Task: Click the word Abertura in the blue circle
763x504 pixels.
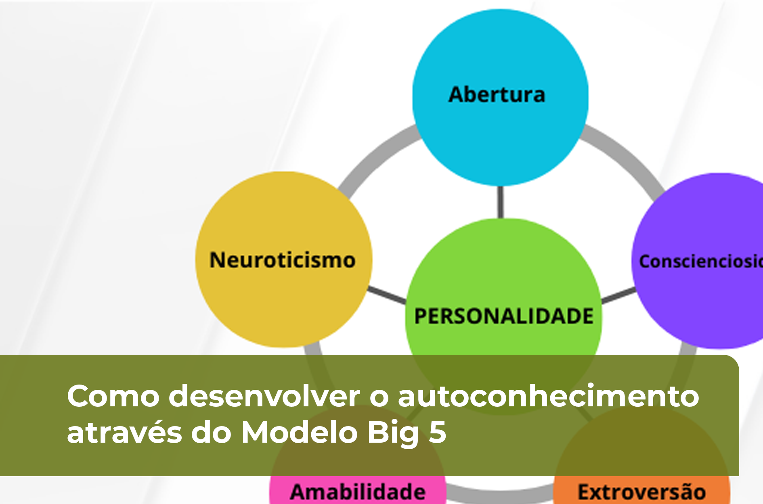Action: point(497,95)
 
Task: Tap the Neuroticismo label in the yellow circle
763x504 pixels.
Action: point(282,260)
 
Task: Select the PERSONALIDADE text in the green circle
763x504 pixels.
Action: point(503,316)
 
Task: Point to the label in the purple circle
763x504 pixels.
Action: point(700,261)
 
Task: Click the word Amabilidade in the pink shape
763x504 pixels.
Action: point(358,491)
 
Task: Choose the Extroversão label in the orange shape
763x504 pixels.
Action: point(641,492)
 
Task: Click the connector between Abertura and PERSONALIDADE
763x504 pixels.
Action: point(501,202)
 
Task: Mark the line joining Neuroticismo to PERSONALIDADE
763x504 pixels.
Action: point(387,295)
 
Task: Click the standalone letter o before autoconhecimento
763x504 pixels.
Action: point(379,398)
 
